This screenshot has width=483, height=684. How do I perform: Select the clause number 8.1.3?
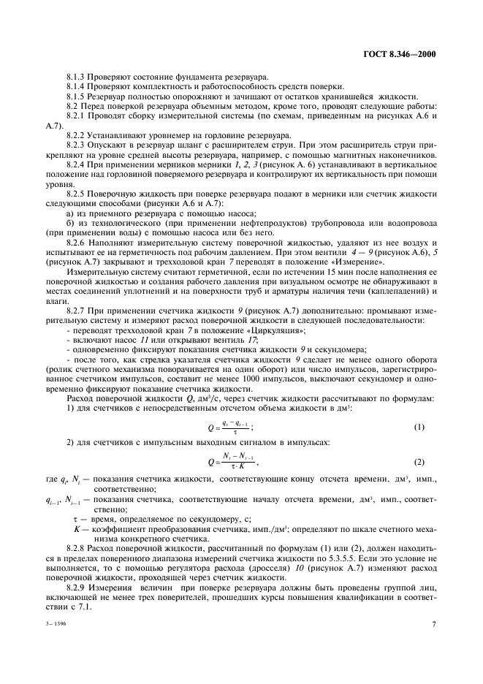(75, 77)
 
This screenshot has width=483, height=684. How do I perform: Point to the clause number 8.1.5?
(75, 96)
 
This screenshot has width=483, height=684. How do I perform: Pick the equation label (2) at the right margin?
(419, 463)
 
